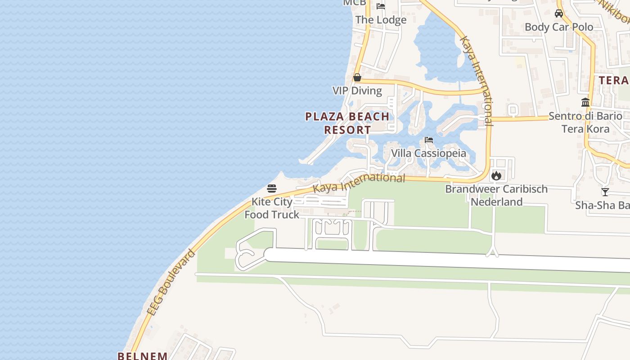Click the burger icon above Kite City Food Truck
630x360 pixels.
[x=272, y=188]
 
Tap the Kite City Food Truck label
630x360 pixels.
[x=272, y=208]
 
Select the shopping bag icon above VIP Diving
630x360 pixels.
[x=357, y=77]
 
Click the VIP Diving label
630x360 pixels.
[x=357, y=90]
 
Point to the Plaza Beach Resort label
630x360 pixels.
[x=347, y=123]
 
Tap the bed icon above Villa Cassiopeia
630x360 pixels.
[x=429, y=140]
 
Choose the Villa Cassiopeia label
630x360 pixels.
[x=428, y=153]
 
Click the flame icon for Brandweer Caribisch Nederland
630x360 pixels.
[x=496, y=175]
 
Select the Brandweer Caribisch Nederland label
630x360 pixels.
[x=496, y=195]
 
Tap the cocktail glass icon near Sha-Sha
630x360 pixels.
[x=605, y=192]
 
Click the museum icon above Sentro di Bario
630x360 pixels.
[x=585, y=103]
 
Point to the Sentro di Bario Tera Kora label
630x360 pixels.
[x=585, y=122]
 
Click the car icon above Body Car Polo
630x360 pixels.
[x=559, y=13]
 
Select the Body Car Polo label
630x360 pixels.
[x=559, y=27]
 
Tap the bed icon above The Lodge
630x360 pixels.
[x=381, y=6]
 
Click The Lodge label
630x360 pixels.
[x=381, y=20]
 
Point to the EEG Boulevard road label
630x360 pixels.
[x=171, y=282]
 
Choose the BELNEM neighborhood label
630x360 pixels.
[x=143, y=355]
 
